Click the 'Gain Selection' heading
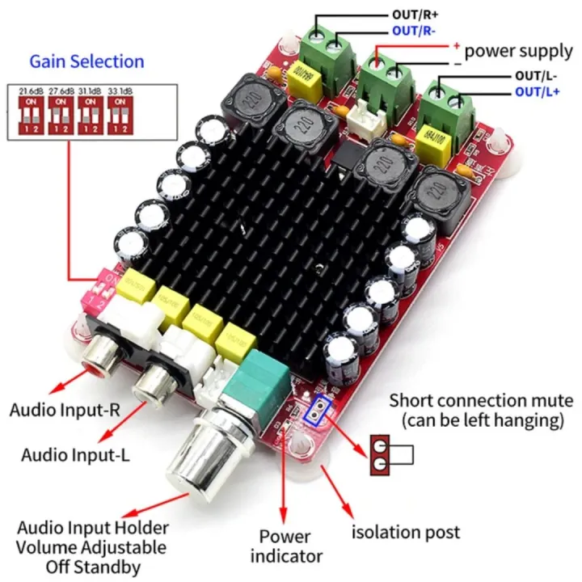(x=86, y=61)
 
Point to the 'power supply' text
(x=518, y=51)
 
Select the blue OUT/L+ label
(x=538, y=91)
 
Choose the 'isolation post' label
(x=406, y=532)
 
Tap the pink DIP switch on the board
(x=103, y=286)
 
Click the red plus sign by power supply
(x=457, y=46)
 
